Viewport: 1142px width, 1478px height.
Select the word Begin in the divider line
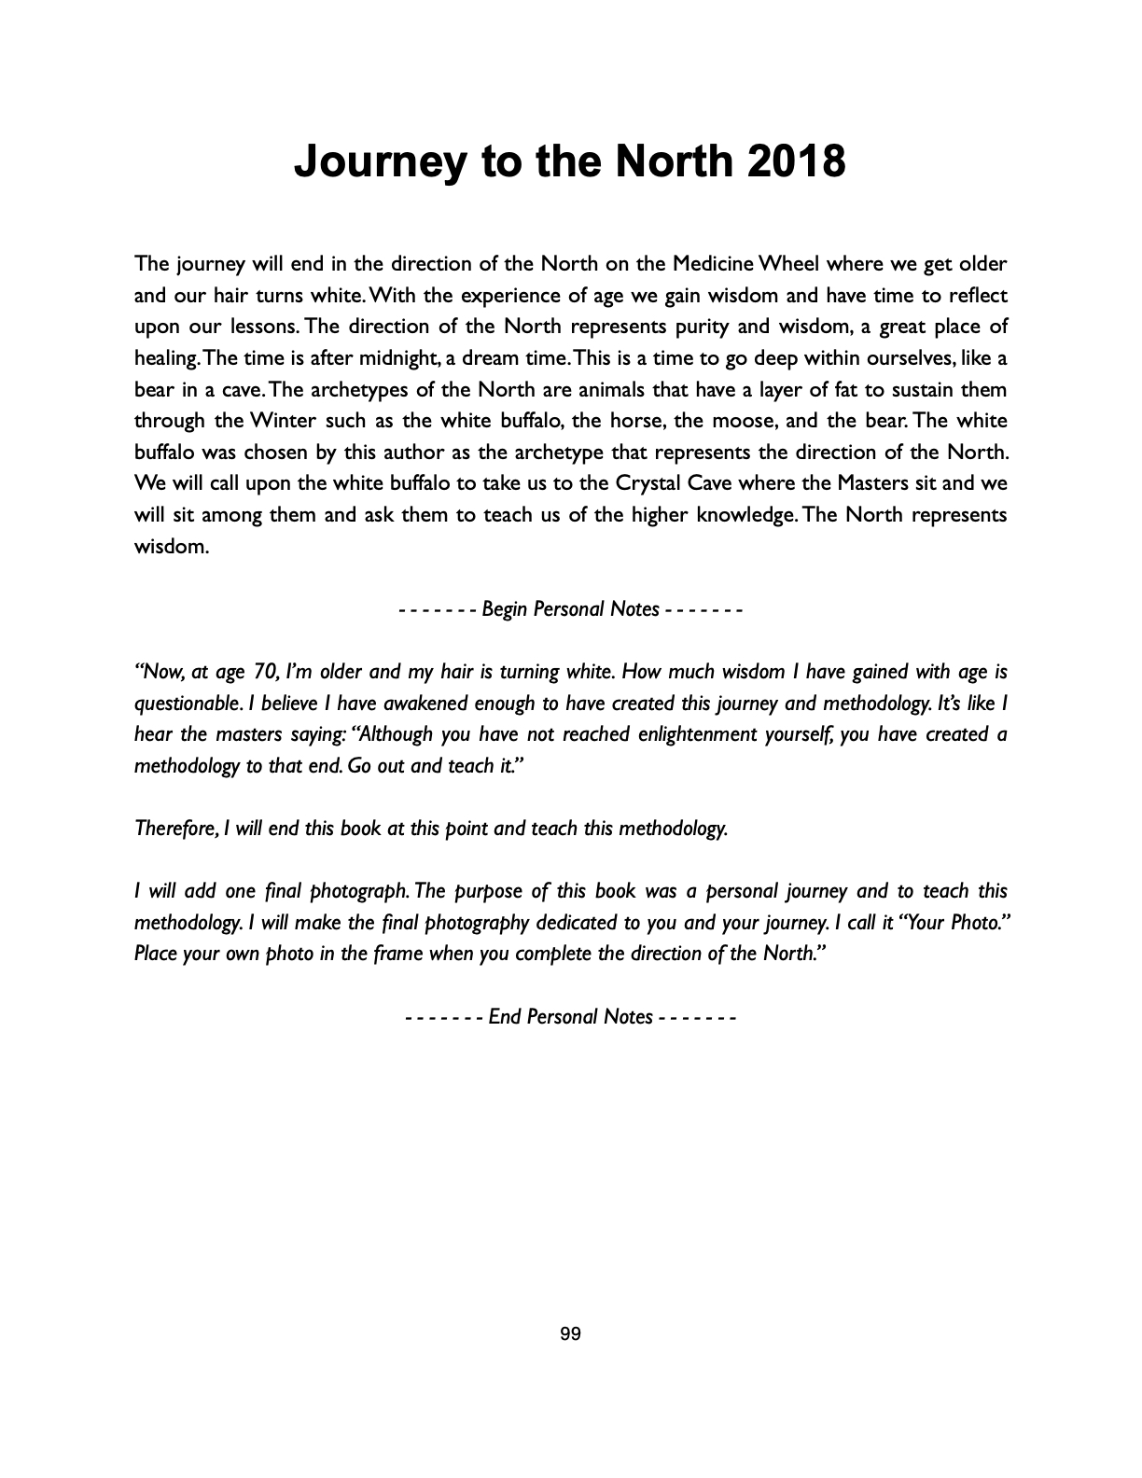click(x=506, y=609)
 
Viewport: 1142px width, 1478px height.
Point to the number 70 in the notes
click(x=266, y=672)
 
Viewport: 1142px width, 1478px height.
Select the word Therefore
click(x=176, y=829)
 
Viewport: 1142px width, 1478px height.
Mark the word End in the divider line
click(x=504, y=1017)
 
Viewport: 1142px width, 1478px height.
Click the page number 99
click(x=570, y=1334)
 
